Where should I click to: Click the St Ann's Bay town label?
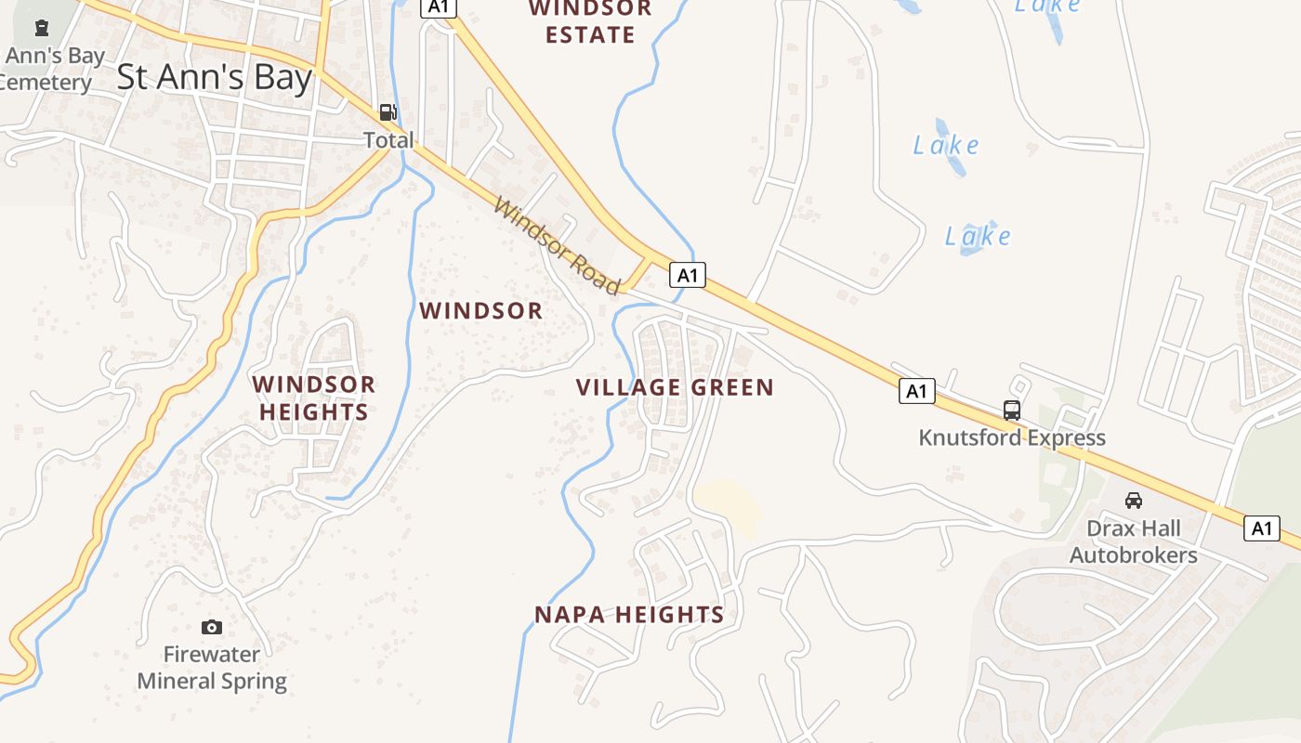(x=215, y=77)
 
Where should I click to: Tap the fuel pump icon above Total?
(x=388, y=113)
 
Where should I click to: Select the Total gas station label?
(x=388, y=140)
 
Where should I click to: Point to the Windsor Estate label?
(x=590, y=21)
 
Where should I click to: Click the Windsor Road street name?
(x=556, y=246)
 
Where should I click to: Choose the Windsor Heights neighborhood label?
(x=314, y=398)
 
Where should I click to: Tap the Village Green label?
(x=675, y=387)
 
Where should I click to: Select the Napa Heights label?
(x=629, y=614)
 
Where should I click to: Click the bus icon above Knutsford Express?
(x=1011, y=410)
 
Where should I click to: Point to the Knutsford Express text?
(x=1012, y=437)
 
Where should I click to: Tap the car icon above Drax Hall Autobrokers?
(x=1133, y=501)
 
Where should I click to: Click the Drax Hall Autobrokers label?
(x=1134, y=542)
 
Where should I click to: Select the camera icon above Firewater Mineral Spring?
(x=212, y=627)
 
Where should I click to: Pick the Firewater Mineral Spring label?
(x=212, y=668)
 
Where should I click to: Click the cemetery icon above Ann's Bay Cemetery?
(x=41, y=28)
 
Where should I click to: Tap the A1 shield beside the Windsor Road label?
(x=687, y=275)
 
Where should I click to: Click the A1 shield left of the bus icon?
(x=916, y=391)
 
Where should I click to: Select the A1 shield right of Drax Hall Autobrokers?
(x=1261, y=528)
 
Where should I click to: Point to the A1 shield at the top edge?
(x=439, y=7)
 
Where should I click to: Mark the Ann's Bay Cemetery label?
(x=51, y=70)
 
